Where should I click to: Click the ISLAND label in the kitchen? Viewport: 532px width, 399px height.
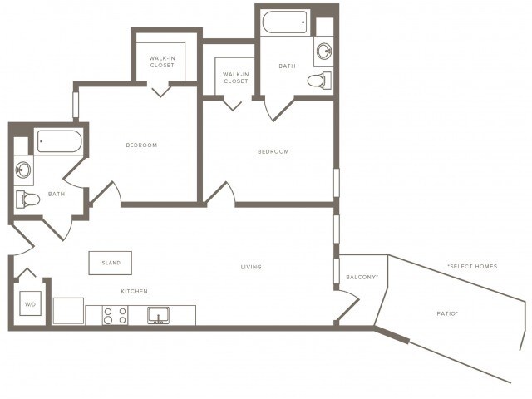coord(110,263)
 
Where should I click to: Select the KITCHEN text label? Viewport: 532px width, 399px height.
coord(134,291)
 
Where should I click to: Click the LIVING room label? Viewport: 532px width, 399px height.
coord(251,267)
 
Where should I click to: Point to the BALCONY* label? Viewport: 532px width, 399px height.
coord(362,276)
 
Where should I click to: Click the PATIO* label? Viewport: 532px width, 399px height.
coord(447,313)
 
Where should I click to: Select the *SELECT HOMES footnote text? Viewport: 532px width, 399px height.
coord(472,266)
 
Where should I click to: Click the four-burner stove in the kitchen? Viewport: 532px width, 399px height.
coord(116,315)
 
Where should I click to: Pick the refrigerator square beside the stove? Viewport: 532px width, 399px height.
coord(68,311)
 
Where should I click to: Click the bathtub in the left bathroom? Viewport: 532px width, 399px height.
coord(59,141)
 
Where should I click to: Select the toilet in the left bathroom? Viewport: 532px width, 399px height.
coord(28,199)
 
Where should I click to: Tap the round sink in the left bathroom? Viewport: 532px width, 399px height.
coord(24,171)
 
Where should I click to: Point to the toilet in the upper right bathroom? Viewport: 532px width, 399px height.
coord(319,81)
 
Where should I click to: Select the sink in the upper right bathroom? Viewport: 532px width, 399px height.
coord(323,52)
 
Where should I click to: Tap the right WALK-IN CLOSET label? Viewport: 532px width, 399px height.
coord(235,77)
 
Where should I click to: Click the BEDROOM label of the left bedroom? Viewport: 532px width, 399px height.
coord(141,145)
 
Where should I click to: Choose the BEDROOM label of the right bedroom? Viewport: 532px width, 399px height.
coord(273,151)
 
